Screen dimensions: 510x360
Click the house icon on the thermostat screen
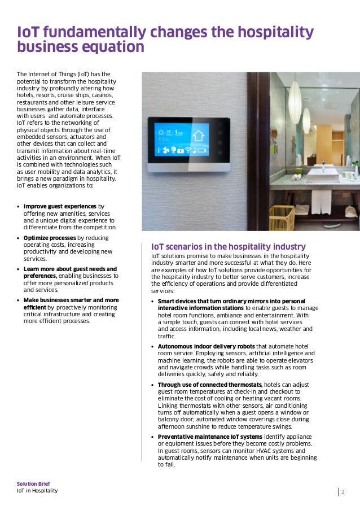(198, 136)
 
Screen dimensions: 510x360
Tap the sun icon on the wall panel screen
(161, 132)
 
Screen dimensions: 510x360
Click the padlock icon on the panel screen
(181, 150)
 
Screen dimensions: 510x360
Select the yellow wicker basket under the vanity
(282, 217)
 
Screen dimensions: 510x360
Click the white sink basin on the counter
(322, 175)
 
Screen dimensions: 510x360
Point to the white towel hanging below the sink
(321, 201)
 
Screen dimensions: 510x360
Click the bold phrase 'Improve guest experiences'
(60, 206)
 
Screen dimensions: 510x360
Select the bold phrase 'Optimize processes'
(50, 238)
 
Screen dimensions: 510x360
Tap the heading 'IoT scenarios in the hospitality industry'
(228, 247)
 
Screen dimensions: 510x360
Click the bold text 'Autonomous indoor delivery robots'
(206, 346)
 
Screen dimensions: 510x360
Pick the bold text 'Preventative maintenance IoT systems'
(210, 437)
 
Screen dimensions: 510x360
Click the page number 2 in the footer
(343, 491)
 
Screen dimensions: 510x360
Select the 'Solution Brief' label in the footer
(33, 484)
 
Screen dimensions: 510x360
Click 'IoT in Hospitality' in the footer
(37, 491)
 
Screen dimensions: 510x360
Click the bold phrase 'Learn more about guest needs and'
(70, 269)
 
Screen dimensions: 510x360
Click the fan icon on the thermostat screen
(166, 150)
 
